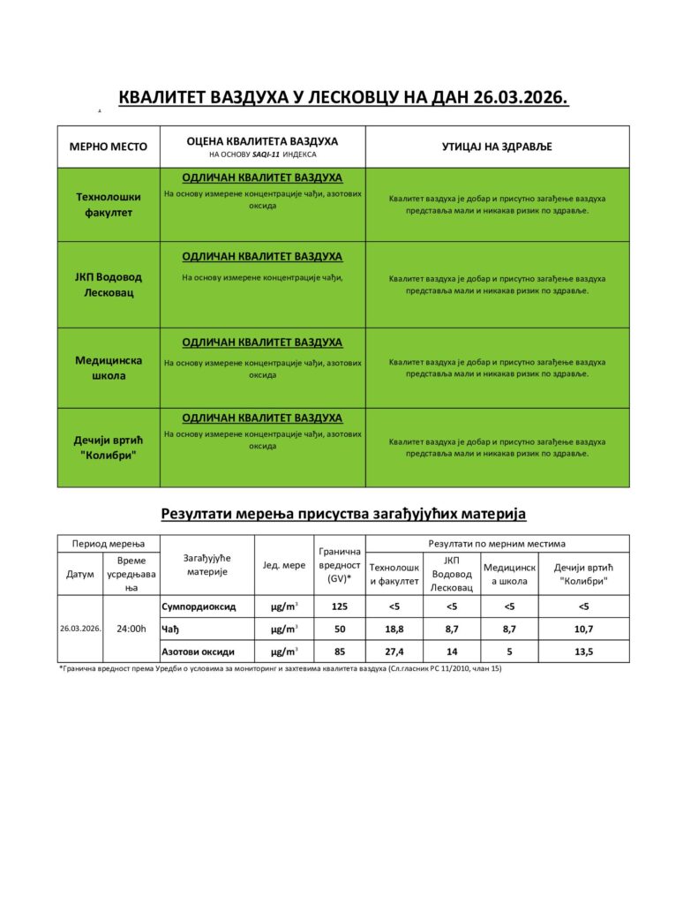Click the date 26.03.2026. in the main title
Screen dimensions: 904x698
coord(521,97)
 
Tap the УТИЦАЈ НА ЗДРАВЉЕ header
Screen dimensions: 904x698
coord(497,147)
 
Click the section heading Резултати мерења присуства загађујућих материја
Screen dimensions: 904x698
coord(343,513)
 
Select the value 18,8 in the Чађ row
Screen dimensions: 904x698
coord(394,629)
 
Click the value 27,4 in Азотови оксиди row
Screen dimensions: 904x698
coord(394,652)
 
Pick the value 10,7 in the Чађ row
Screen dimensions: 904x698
coord(583,629)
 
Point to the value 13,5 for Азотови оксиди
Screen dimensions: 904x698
coord(583,652)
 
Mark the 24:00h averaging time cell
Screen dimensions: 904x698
coord(131,629)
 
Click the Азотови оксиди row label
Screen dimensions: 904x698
coord(198,652)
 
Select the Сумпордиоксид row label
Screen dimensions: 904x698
coord(199,606)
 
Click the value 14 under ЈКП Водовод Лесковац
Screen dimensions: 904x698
coord(452,652)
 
